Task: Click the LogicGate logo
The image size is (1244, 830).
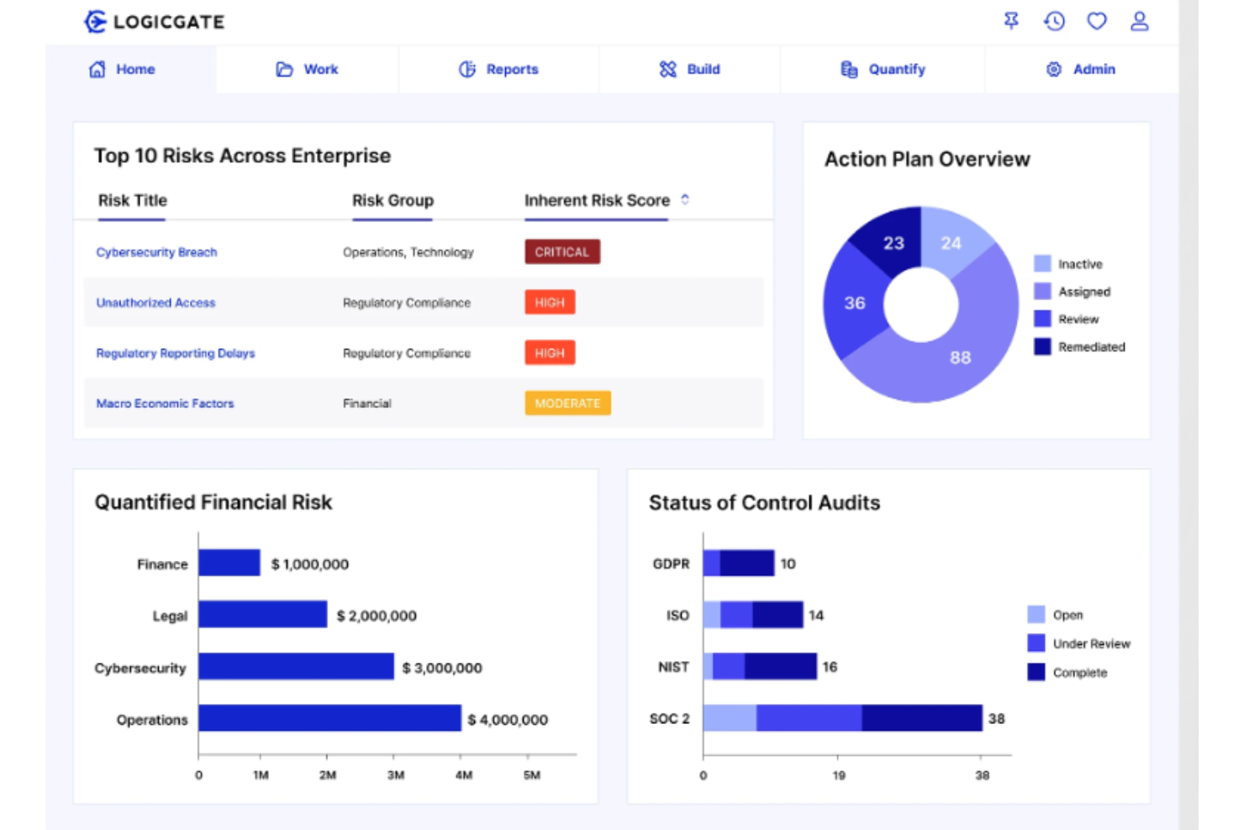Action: (x=155, y=22)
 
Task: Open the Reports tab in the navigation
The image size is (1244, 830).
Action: (x=498, y=69)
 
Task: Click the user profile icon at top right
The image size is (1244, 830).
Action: (x=1139, y=21)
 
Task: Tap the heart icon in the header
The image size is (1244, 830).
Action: (x=1097, y=21)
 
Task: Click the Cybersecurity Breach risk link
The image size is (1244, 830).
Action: (x=156, y=252)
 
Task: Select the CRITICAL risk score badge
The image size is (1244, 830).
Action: (x=562, y=252)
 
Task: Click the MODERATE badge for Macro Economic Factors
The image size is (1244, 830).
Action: (x=567, y=404)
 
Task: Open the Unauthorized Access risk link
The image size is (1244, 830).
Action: (x=155, y=303)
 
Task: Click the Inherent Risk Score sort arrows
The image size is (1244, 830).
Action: (x=685, y=199)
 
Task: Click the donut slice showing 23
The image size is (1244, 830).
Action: (x=892, y=242)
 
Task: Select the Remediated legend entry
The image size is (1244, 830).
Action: (x=1080, y=346)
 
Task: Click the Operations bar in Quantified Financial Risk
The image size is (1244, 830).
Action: (x=329, y=718)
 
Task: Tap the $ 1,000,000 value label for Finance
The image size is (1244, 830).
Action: (x=309, y=564)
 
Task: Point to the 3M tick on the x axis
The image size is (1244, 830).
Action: (x=396, y=774)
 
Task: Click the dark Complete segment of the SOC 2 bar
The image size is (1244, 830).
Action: (x=921, y=718)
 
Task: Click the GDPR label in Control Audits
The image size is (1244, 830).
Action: (x=671, y=563)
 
